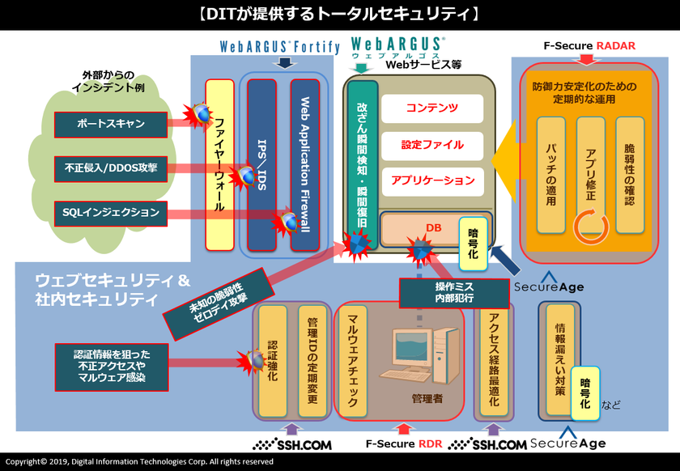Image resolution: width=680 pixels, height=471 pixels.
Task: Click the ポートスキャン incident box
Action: click(x=111, y=125)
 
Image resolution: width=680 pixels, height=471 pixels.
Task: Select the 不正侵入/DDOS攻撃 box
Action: click(x=111, y=168)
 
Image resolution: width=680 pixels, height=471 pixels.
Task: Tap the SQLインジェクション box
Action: click(x=111, y=214)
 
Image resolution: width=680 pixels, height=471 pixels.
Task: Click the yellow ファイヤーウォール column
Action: click(x=219, y=165)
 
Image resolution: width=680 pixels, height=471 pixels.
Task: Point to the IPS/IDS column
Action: click(x=261, y=165)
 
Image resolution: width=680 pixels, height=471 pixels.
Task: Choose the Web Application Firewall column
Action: click(x=305, y=165)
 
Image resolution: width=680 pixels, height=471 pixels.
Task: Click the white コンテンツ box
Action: click(x=432, y=108)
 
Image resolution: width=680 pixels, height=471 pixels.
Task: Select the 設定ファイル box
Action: click(x=432, y=146)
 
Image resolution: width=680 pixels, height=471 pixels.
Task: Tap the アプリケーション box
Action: click(x=432, y=180)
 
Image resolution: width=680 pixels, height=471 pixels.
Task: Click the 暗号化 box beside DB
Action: click(x=473, y=244)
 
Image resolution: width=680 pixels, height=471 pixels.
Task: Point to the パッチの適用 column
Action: click(x=550, y=176)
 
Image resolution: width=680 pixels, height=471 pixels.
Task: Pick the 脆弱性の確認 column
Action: click(x=630, y=176)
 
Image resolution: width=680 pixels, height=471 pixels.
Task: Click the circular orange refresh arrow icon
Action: click(x=591, y=226)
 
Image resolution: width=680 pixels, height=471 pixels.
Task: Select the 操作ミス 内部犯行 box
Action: click(x=454, y=293)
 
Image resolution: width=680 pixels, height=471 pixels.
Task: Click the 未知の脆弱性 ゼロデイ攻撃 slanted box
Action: click(x=219, y=304)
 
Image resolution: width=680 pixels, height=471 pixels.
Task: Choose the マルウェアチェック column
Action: click(x=353, y=361)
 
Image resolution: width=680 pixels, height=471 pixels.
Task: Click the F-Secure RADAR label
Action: click(x=589, y=46)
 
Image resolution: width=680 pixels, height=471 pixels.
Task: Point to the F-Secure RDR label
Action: click(x=404, y=444)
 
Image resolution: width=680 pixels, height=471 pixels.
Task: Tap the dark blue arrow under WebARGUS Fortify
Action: click(x=284, y=63)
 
